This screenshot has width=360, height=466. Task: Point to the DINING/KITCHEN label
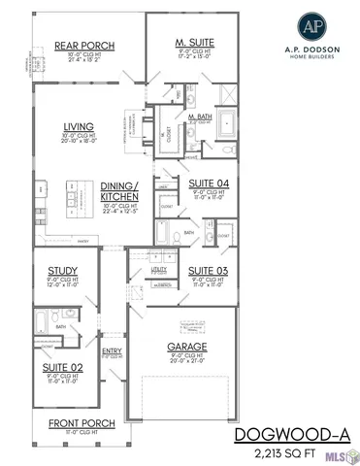[119, 190]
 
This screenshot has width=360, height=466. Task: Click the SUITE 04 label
[208, 183]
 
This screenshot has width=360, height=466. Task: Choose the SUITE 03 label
[208, 270]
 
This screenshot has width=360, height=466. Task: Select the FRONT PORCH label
[82, 422]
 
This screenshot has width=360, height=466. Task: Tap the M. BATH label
[201, 116]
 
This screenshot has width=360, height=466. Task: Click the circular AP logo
[305, 26]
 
